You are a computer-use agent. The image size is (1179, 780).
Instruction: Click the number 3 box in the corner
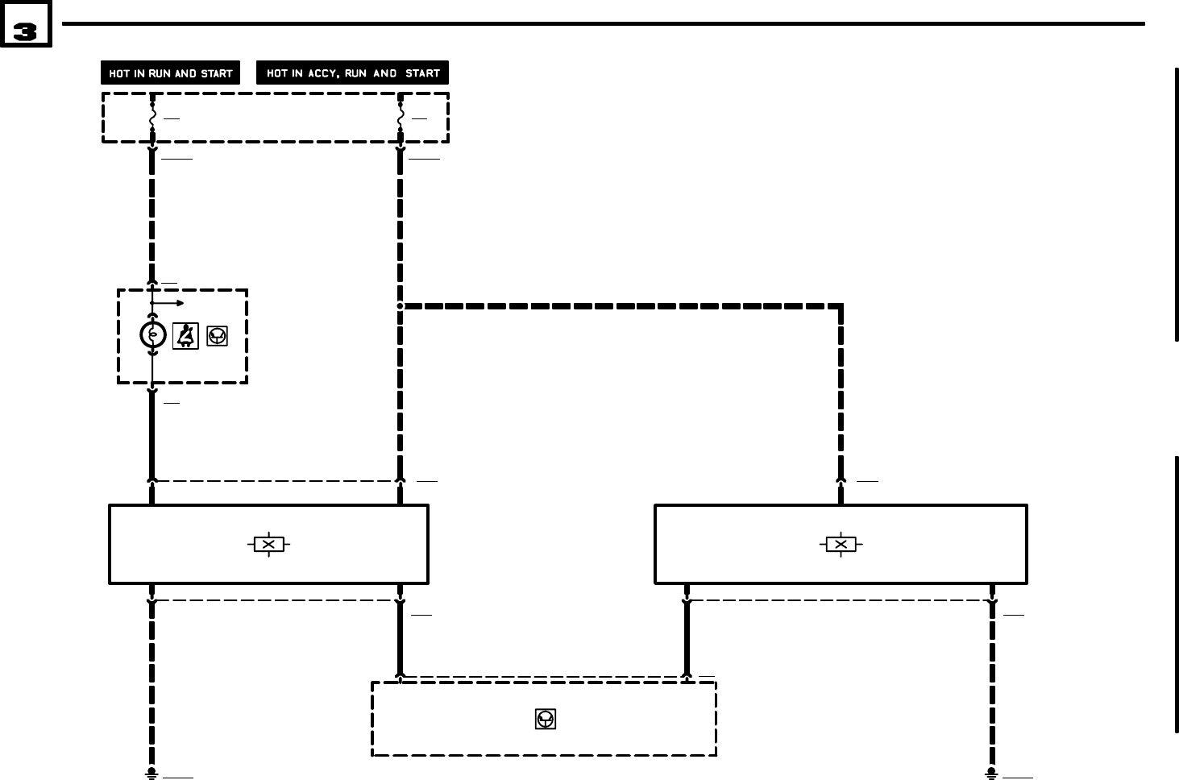[26, 31]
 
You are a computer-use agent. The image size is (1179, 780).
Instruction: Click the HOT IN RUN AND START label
[170, 73]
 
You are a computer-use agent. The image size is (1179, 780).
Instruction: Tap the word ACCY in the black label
[322, 73]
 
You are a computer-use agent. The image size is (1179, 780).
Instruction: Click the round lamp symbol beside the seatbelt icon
[152, 334]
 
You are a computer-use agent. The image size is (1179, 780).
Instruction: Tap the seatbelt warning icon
[186, 335]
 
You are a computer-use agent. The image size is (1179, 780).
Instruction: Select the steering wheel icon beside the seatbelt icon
[217, 335]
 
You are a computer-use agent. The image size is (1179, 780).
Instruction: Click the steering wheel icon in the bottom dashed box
[546, 720]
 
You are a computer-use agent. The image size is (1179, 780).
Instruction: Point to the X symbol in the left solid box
[268, 545]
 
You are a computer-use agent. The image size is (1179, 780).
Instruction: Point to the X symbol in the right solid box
[841, 545]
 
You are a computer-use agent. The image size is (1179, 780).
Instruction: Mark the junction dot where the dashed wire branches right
[400, 306]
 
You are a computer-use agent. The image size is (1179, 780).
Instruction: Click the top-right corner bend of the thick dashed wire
[841, 306]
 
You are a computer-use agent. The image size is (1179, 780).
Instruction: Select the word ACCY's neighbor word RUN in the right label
[355, 73]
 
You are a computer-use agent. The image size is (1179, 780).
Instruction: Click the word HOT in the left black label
[119, 73]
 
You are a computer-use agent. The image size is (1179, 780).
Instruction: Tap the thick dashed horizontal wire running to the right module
[621, 306]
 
